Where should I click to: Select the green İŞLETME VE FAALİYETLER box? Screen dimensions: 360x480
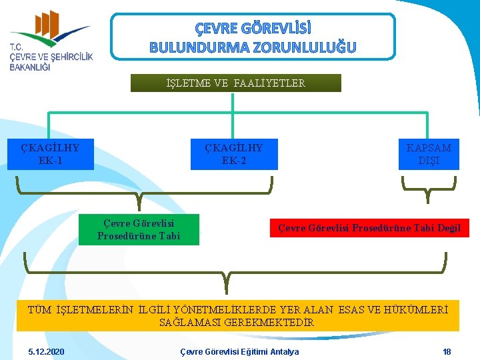[236, 83]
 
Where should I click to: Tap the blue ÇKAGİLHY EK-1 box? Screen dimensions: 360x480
[51, 154]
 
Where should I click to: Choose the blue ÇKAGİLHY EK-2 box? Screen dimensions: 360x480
[233, 154]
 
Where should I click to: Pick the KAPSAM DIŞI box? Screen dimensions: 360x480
[429, 154]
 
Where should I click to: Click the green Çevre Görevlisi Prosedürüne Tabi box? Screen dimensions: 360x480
[139, 229]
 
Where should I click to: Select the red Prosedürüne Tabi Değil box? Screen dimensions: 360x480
[369, 228]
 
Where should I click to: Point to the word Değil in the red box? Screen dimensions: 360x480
[449, 228]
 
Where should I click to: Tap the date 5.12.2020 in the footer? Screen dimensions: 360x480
[47, 351]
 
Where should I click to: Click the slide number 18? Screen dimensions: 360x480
[447, 351]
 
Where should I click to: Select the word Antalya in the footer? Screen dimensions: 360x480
[282, 351]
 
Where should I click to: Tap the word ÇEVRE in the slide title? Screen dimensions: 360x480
[215, 29]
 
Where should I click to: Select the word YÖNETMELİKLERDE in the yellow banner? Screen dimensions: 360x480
[241, 309]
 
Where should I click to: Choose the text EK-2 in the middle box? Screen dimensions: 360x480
[233, 161]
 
